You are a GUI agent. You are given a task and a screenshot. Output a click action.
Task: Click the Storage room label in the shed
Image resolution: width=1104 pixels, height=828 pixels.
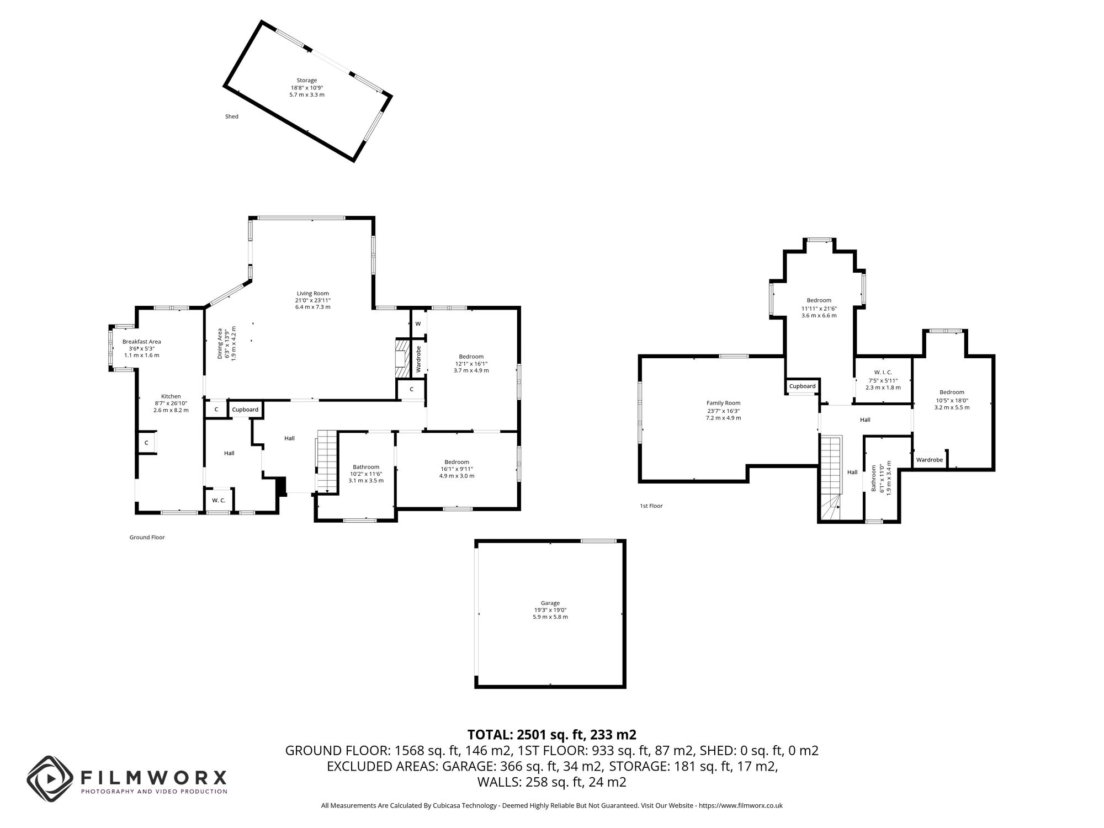coord(307,81)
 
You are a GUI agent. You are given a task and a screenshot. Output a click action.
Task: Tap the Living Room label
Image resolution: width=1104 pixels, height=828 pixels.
coord(312,294)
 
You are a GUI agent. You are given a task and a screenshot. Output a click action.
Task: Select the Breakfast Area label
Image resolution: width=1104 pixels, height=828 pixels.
coord(141,342)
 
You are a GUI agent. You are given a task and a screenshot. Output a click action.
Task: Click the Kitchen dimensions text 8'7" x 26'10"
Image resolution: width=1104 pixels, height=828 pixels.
coord(171,404)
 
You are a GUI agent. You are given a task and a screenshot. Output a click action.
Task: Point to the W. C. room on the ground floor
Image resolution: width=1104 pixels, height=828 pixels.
coord(219,500)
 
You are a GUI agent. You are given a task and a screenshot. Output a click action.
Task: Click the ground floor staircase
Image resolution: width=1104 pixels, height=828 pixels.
coord(327,461)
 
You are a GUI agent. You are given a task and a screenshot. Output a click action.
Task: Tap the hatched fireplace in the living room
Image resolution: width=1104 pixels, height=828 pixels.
coord(402,358)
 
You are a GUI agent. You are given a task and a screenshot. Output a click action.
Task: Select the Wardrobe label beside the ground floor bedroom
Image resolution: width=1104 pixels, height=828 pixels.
coord(418,359)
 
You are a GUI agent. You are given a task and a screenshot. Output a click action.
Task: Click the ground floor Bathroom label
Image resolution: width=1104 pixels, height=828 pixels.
coord(366,467)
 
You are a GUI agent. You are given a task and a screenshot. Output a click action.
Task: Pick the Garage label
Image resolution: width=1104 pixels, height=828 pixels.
coord(550,603)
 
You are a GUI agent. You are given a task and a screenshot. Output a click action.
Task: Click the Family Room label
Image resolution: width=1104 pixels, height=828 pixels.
coord(723,403)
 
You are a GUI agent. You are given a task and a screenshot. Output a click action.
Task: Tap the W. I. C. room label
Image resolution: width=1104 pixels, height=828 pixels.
coord(883,373)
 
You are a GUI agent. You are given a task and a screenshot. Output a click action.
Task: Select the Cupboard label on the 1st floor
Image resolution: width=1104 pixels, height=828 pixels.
coord(802,386)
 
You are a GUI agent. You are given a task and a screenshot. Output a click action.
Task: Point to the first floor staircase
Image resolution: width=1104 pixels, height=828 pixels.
coord(830,475)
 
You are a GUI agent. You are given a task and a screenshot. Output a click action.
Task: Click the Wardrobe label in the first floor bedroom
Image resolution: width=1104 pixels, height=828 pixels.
coord(930,460)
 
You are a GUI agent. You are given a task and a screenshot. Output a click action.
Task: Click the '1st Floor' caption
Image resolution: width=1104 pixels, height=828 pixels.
coord(651,506)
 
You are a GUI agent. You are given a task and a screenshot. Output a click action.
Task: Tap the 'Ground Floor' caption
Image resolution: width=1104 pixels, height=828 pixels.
coord(147,537)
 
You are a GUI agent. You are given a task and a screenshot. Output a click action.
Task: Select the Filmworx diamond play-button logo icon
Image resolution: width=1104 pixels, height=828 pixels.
coord(50,779)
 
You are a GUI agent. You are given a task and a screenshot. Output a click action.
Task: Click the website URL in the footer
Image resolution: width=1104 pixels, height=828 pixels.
coord(741,806)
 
